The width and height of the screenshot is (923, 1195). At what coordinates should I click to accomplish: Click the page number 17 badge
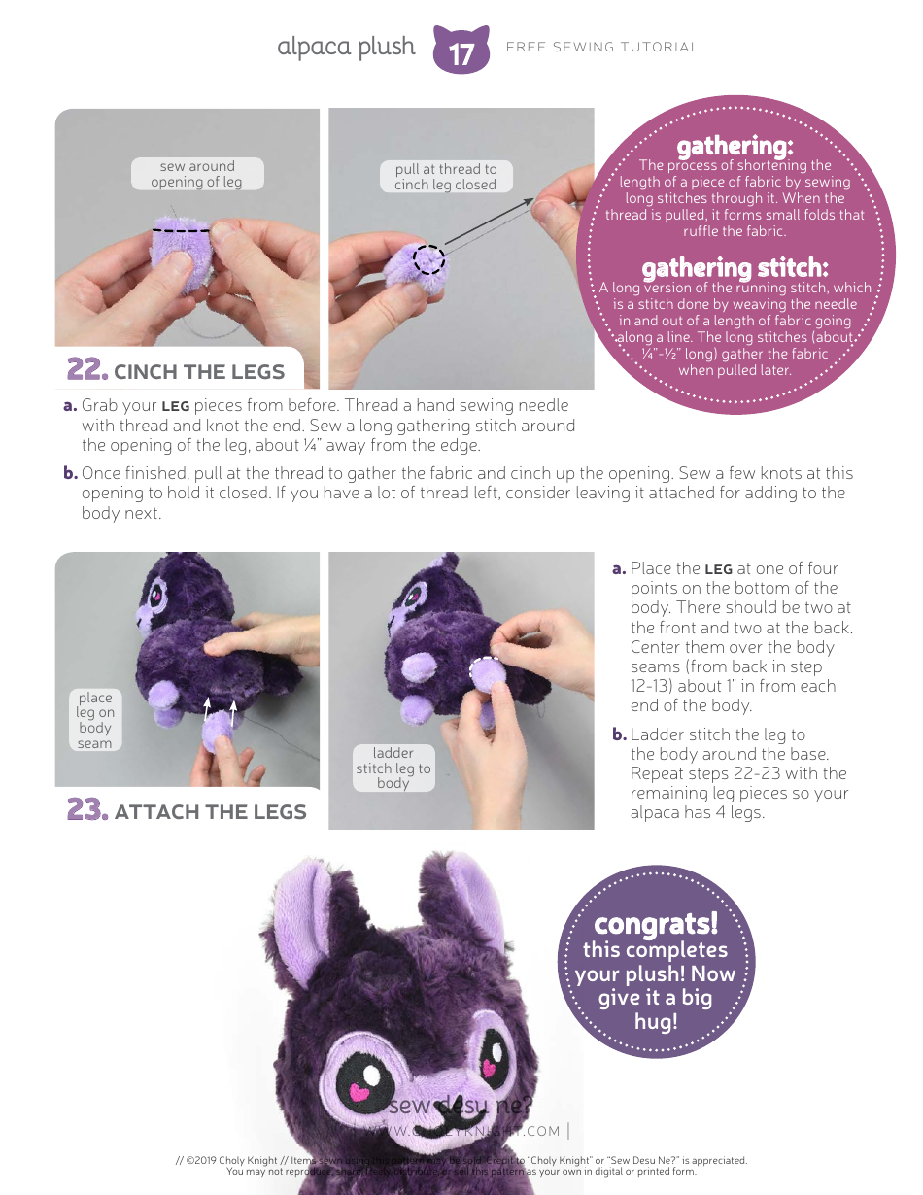461,51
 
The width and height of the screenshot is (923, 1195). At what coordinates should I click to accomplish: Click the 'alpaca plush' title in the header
346,47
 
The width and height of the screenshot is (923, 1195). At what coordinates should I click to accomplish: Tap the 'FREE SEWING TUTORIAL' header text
602,47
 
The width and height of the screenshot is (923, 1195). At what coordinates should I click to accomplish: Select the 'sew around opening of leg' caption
196,174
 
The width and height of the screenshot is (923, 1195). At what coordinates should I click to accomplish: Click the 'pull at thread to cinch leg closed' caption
445,176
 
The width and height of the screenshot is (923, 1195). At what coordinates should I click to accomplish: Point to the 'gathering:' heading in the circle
735,146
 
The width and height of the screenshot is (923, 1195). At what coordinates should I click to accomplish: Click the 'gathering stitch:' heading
735,267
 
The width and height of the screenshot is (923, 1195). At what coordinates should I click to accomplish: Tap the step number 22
85,370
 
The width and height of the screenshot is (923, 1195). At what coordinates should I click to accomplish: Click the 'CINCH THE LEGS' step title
199,372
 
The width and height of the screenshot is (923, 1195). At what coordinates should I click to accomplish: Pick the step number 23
85,810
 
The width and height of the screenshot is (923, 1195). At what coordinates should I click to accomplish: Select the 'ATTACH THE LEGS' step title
210,812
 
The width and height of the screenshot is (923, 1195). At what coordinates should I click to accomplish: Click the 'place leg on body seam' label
95,720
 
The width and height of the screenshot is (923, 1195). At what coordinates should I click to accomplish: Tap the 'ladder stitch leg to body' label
393,768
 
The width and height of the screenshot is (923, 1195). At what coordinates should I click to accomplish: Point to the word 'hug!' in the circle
656,1021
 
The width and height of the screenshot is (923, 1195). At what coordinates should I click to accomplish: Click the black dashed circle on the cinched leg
429,259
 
